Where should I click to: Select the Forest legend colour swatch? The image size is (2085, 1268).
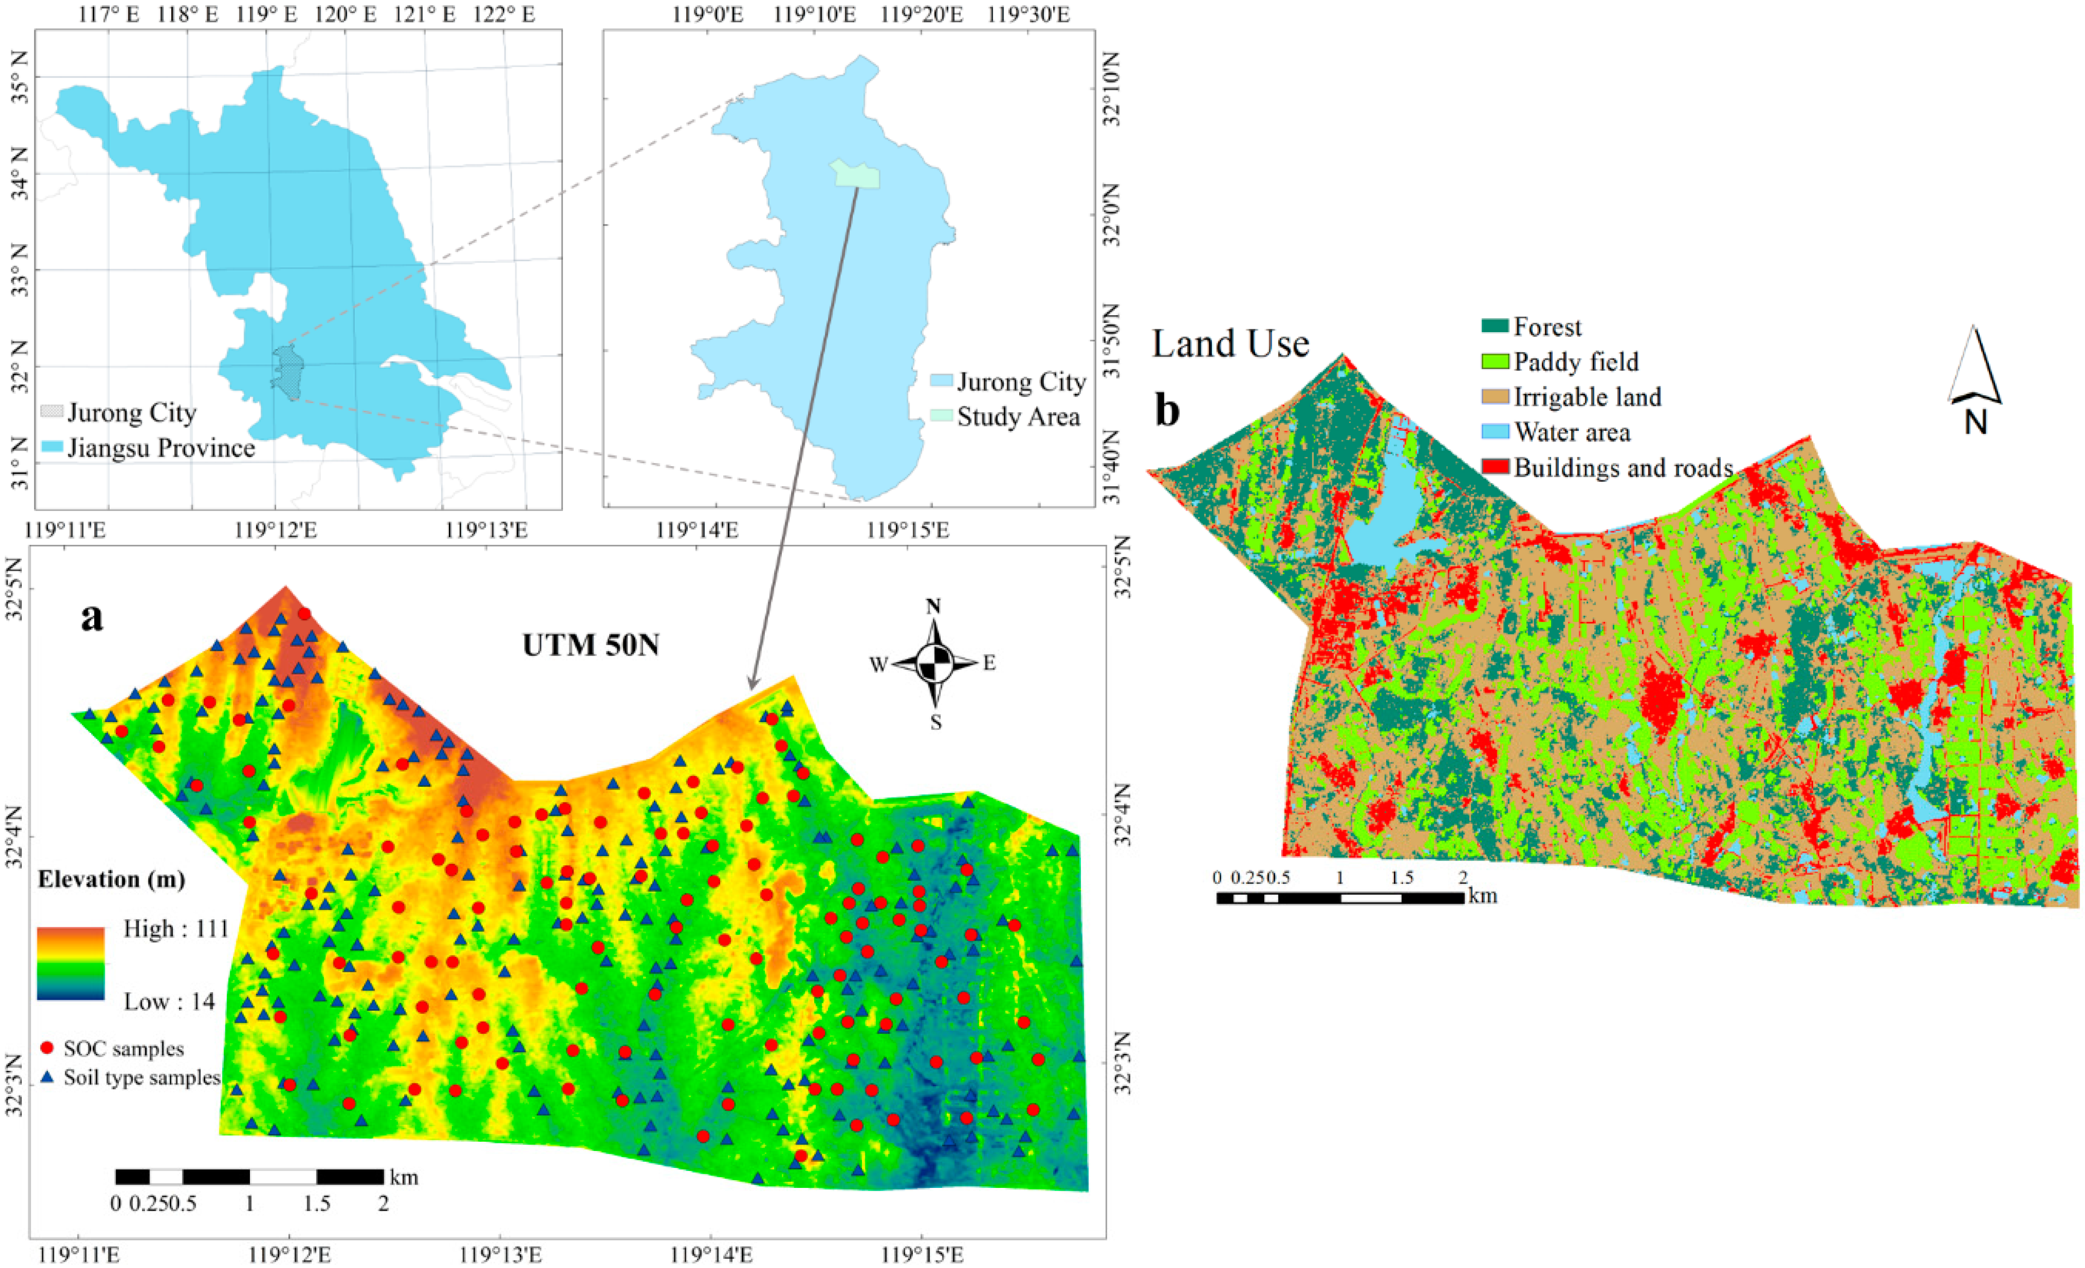[x=1495, y=326]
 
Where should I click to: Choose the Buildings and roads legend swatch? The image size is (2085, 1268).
[x=1495, y=467]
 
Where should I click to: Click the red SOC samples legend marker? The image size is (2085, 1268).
[x=48, y=1048]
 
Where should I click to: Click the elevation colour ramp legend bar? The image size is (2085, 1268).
[x=70, y=964]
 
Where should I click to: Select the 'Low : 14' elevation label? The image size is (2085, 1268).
[x=169, y=1002]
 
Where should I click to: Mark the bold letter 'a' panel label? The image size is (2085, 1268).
[x=91, y=618]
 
